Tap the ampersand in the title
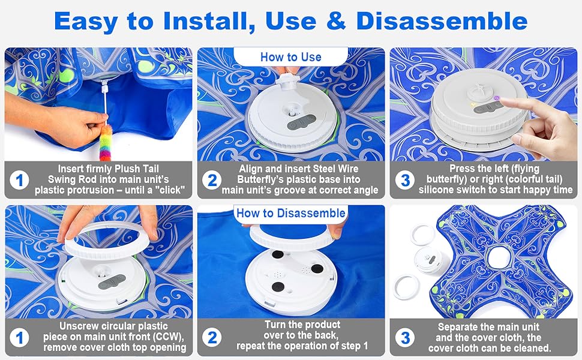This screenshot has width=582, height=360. click(336, 21)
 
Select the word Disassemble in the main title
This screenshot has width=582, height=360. click(442, 21)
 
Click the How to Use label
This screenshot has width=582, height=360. click(290, 57)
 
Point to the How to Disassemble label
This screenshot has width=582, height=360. click(291, 213)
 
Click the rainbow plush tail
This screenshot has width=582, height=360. click(106, 143)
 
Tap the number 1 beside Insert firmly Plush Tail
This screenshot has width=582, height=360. click(19, 180)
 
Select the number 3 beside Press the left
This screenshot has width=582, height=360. click(405, 180)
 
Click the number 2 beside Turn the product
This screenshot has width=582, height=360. click(212, 337)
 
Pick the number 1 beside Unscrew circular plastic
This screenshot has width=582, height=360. click(19, 338)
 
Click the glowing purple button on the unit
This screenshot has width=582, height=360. click(497, 98)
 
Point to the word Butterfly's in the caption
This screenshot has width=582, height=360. click(260, 179)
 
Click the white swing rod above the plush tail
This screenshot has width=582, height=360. click(106, 104)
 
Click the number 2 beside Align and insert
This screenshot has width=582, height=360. click(212, 180)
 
